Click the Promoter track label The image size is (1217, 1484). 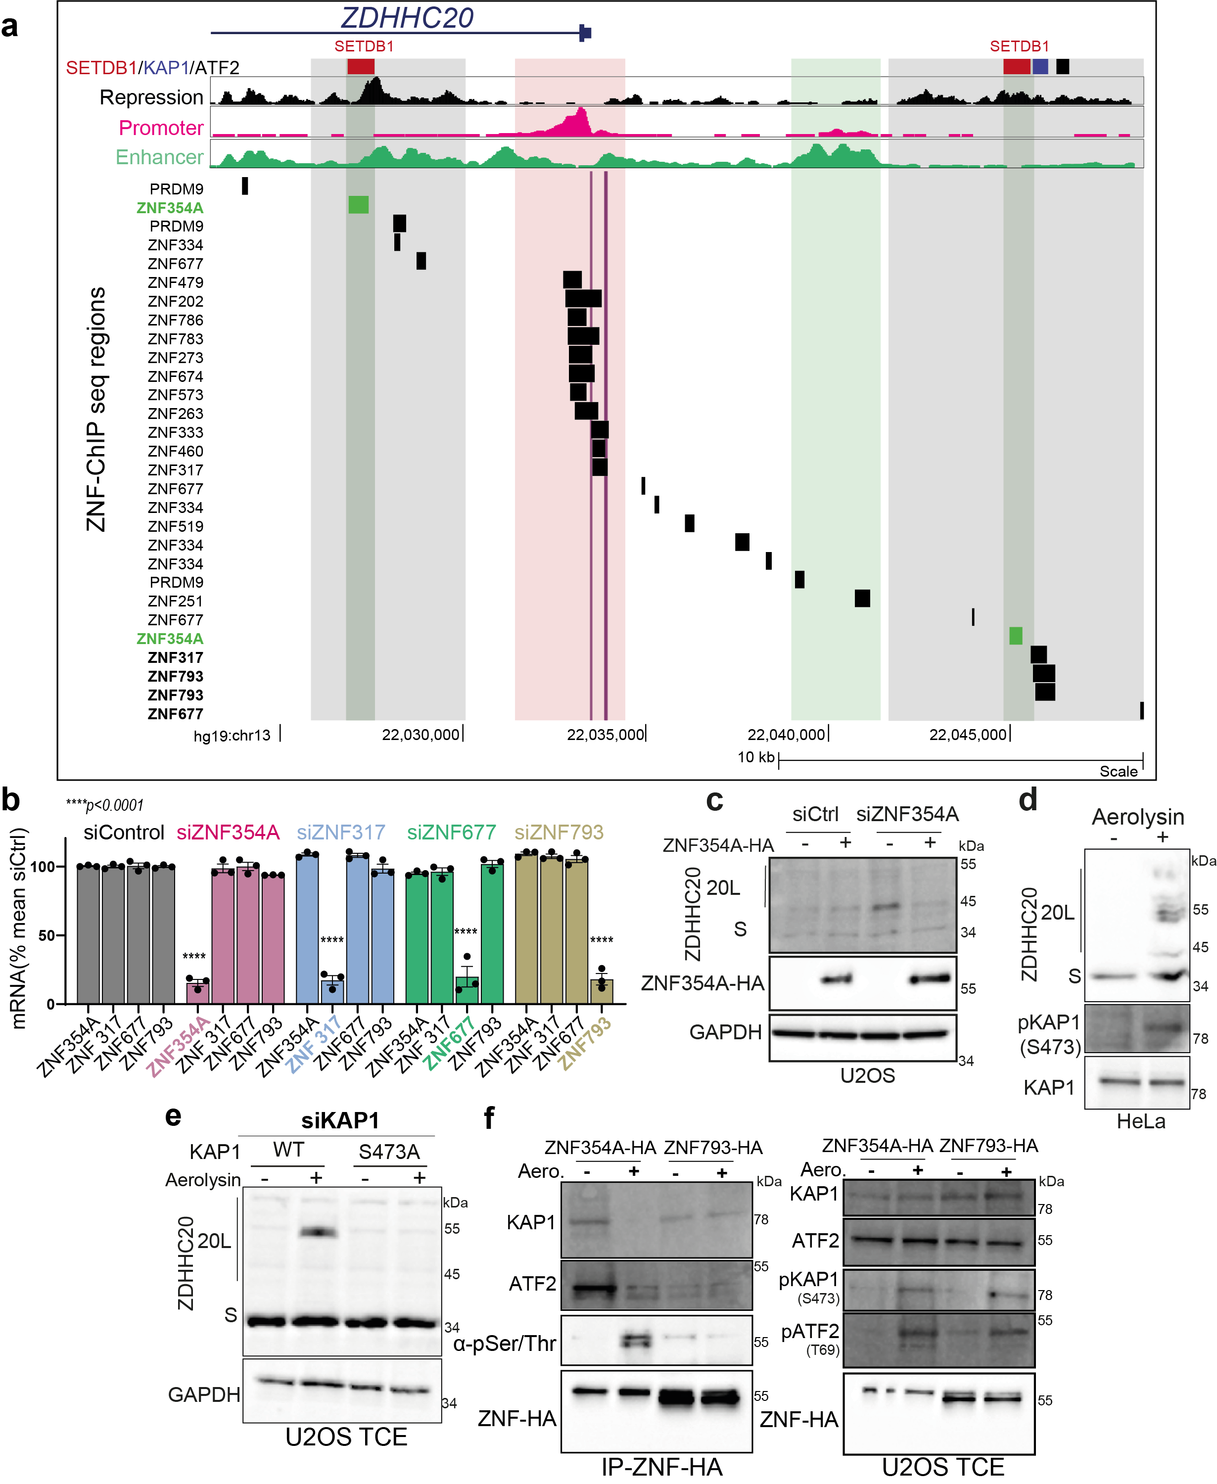click(x=161, y=128)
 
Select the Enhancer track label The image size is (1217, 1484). click(x=159, y=157)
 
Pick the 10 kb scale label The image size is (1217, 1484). click(x=756, y=757)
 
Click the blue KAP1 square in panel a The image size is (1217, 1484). click(x=1039, y=67)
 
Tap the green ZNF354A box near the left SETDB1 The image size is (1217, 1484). click(x=358, y=205)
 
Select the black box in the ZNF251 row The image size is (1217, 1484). click(x=862, y=598)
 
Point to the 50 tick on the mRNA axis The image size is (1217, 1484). click(x=47, y=935)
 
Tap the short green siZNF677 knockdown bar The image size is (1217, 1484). click(x=467, y=990)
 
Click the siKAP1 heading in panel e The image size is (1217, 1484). click(x=340, y=1120)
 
